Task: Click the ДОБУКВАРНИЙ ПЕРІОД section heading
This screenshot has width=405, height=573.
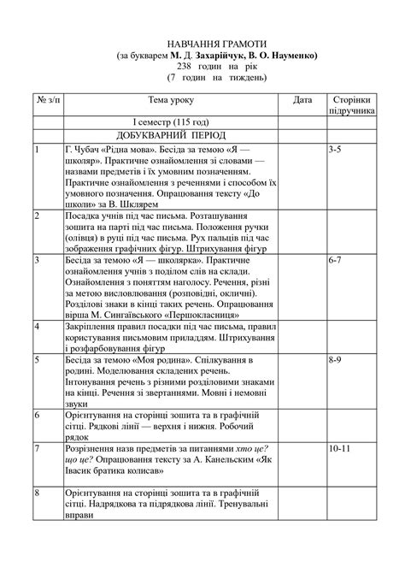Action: [172, 136]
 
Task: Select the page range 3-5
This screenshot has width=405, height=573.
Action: [335, 150]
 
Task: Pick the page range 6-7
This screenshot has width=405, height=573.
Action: [336, 259]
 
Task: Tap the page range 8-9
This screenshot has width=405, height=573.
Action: [336, 360]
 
